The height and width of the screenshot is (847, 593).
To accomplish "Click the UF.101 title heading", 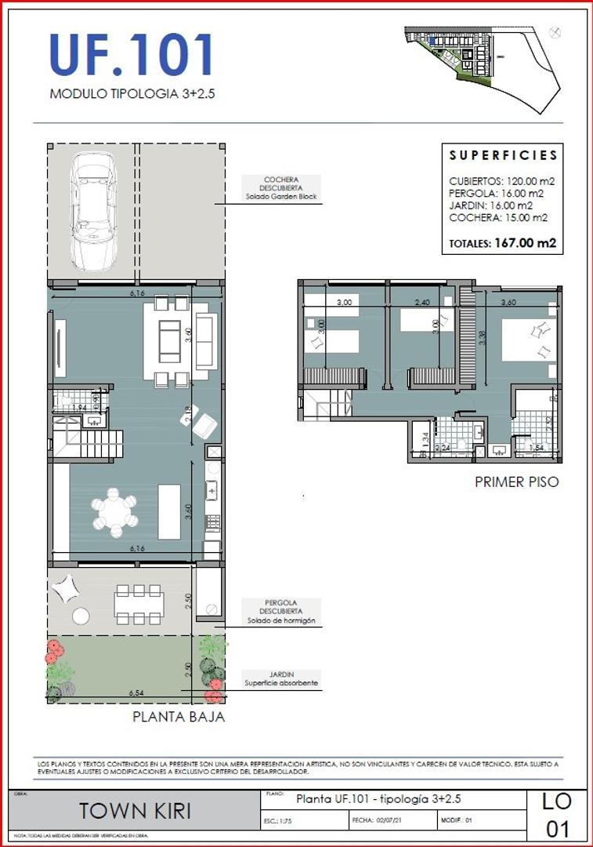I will (132, 55).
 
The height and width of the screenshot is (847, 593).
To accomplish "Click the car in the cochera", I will (93, 209).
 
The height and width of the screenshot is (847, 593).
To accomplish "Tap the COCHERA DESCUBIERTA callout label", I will (279, 187).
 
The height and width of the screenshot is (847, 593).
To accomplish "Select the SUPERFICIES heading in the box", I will (504, 155).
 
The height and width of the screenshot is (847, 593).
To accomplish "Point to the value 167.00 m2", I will (525, 243).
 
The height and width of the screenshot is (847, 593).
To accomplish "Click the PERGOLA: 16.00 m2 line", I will (496, 193).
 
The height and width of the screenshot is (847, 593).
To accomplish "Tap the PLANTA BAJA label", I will (179, 716).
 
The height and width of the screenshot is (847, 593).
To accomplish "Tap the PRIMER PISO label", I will (517, 482).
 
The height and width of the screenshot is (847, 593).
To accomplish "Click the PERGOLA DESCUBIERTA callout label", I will (280, 612).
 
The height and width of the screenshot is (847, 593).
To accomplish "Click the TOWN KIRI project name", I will (136, 811).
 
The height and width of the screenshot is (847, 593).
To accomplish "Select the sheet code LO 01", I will (558, 814).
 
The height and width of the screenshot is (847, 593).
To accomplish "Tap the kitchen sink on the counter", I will (212, 491).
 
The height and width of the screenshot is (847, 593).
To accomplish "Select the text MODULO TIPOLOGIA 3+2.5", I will (132, 93).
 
